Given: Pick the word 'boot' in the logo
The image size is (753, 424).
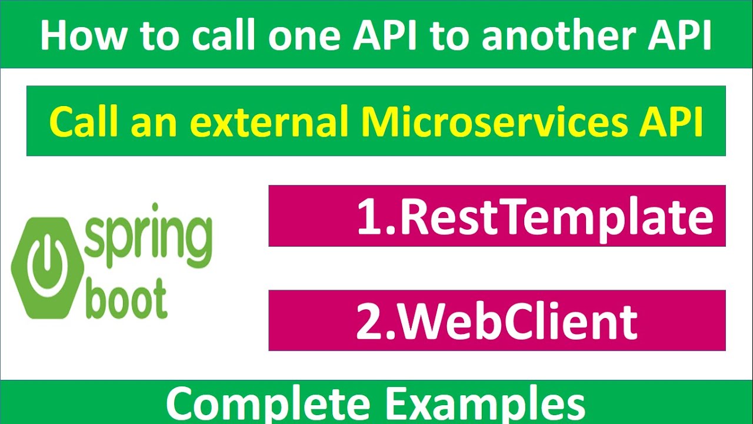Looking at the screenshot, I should [x=126, y=300].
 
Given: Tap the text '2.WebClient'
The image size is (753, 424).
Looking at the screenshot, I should [x=497, y=321].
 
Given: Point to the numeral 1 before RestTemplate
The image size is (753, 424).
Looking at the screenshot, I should [x=369, y=216].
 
